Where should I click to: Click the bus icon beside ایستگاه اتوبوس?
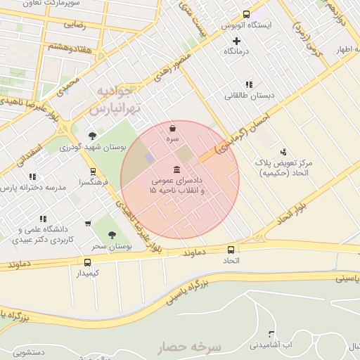246,14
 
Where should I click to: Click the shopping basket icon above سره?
173,129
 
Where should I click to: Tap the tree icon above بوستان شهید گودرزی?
92,136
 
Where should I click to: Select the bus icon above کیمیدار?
87,262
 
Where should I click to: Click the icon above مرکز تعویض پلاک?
283,151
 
